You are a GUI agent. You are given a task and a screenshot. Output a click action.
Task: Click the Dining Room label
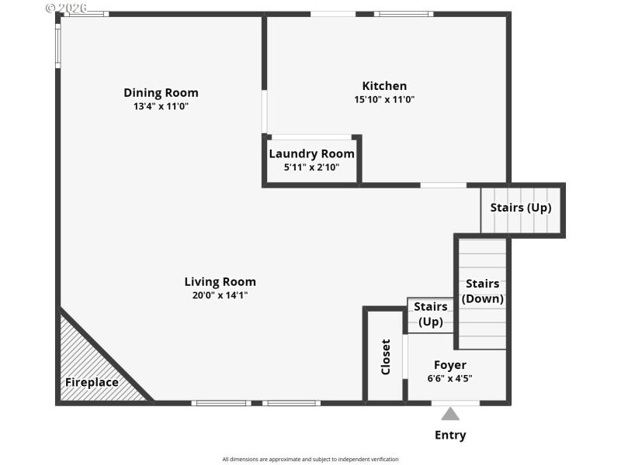tap(161, 93)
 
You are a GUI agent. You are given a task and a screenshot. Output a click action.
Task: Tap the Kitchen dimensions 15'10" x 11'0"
tap(384, 99)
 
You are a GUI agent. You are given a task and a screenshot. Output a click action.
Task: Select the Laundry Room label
tap(311, 153)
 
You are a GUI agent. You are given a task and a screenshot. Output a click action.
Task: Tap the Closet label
tap(386, 357)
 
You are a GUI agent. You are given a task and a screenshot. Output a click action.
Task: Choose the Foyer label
tap(449, 365)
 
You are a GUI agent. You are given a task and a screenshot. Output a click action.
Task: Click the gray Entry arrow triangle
tap(450, 414)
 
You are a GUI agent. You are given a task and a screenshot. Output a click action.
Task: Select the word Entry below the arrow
tap(450, 435)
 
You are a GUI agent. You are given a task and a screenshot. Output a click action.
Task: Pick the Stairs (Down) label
tap(482, 291)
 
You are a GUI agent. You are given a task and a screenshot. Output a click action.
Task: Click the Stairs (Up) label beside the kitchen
tap(521, 208)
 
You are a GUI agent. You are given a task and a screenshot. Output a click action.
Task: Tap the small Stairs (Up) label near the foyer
tap(430, 315)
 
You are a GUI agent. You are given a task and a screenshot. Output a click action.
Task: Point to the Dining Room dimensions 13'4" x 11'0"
tap(161, 106)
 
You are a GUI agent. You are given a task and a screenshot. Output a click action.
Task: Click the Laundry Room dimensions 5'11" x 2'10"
tap(311, 167)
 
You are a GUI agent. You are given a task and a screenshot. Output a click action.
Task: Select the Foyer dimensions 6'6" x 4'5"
tap(449, 379)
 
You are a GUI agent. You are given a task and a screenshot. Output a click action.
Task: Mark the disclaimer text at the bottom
tap(310, 459)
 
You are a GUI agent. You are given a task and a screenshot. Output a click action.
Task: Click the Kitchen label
tap(384, 86)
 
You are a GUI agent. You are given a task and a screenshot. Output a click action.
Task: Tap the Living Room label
tap(220, 282)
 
